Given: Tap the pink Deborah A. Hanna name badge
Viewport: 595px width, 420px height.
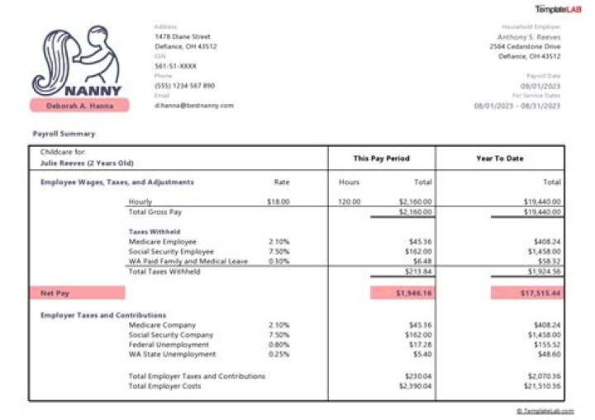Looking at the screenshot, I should [79, 105].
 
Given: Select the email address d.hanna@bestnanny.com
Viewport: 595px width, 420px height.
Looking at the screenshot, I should [194, 106].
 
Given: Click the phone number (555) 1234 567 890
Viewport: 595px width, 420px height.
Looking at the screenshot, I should [185, 86].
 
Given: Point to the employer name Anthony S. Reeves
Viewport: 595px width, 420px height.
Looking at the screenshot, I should [529, 37].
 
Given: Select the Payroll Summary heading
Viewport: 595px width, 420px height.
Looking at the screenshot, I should [64, 134].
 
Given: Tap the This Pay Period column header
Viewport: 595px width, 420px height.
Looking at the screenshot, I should [382, 158].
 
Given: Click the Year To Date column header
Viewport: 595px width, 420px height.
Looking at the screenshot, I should [500, 158].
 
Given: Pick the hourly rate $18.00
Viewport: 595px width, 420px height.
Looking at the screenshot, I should [278, 201].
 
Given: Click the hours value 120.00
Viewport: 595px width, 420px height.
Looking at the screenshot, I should [350, 201].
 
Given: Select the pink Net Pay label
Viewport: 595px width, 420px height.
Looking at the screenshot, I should [79, 292].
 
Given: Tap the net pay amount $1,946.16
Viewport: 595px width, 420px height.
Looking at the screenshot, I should [402, 292].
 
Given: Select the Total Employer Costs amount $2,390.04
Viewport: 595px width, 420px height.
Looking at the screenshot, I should [415, 385].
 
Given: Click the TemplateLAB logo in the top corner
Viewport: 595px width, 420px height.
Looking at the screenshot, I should [558, 9].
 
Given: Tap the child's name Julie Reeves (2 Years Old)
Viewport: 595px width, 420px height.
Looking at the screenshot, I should [87, 163].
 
